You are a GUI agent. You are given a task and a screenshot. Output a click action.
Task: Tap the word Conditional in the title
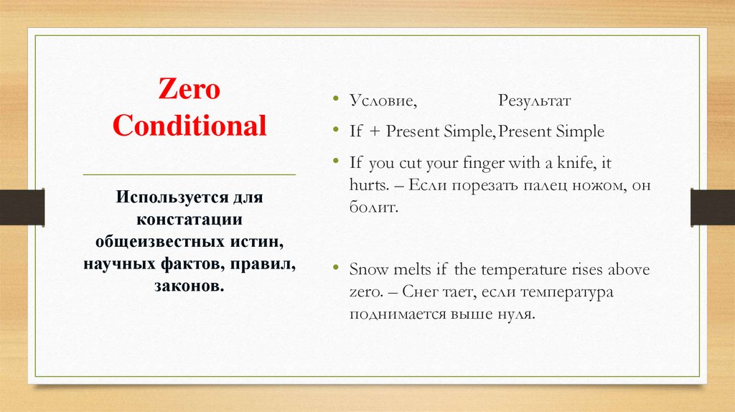click(189, 126)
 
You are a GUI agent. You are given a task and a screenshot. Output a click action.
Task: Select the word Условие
click(383, 101)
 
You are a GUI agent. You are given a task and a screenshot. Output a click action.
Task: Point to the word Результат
click(535, 101)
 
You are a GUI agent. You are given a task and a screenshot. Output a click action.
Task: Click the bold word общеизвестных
click(152, 243)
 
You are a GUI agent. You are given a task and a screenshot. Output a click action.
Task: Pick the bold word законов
click(189, 287)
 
